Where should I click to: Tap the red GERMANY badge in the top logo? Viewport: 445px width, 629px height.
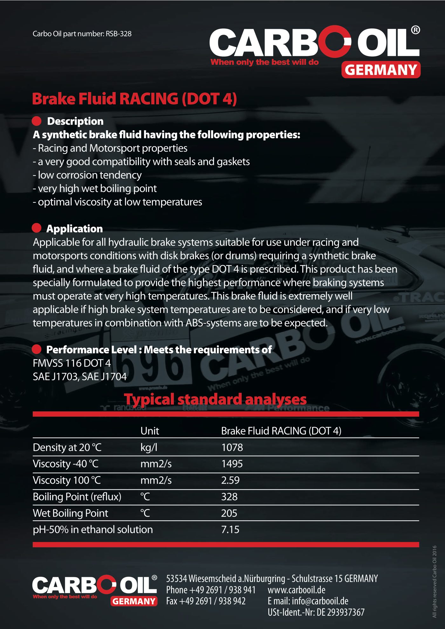[381, 70]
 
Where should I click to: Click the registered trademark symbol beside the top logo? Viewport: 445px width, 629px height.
[415, 30]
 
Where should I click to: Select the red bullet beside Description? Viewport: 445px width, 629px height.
[37, 121]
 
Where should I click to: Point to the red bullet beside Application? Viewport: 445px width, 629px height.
[37, 228]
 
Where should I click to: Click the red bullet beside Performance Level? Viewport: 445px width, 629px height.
[37, 349]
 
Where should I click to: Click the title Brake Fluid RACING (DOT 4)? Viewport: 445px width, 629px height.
[134, 99]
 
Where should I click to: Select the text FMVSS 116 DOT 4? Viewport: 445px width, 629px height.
[72, 363]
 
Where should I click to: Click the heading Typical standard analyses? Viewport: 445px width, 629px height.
[215, 399]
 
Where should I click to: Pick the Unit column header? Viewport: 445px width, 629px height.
[150, 431]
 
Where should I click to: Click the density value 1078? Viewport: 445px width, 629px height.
[232, 447]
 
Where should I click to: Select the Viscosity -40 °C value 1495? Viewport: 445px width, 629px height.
[232, 464]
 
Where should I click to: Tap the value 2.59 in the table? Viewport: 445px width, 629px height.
[230, 480]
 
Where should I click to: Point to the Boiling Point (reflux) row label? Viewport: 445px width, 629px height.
[77, 497]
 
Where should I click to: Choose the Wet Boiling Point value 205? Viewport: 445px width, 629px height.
[229, 513]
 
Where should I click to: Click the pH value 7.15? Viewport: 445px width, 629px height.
[230, 530]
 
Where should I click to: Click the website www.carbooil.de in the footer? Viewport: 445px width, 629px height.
[297, 590]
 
